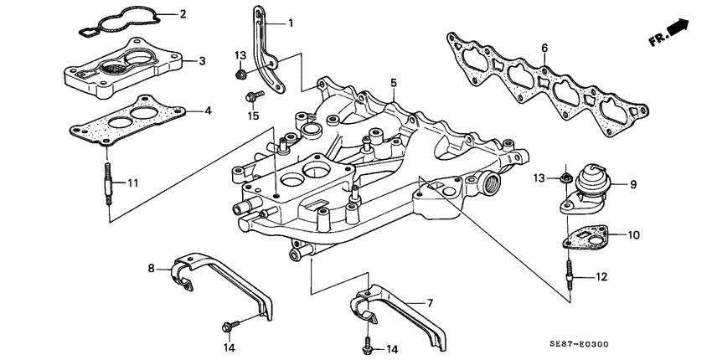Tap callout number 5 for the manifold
coord(392,82)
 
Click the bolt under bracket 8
coord(230,323)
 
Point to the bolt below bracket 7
coord(368,342)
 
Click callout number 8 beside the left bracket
coord(152,269)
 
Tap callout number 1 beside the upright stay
coord(291,23)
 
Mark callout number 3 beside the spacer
coord(201,61)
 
